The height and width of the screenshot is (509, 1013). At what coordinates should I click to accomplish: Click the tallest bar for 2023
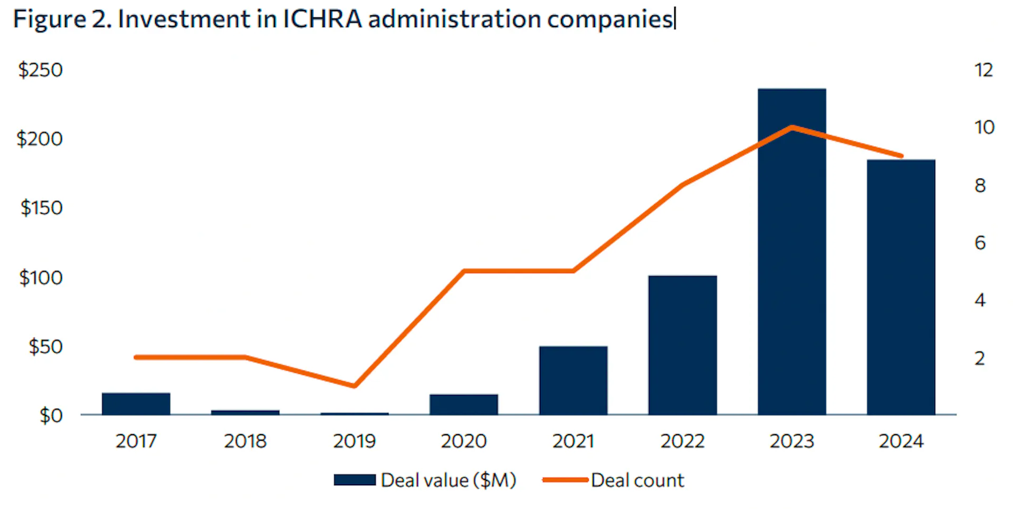click(791, 253)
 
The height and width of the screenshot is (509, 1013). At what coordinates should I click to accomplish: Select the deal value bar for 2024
click(901, 288)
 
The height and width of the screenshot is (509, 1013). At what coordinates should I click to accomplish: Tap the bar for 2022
click(682, 346)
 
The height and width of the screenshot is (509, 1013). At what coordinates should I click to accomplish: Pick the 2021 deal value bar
click(573, 381)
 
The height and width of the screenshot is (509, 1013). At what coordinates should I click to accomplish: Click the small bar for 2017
click(136, 404)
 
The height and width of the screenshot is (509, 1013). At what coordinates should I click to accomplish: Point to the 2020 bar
click(464, 404)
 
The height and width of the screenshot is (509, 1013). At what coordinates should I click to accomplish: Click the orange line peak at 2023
click(791, 127)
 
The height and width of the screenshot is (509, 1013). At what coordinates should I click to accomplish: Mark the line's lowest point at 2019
click(355, 385)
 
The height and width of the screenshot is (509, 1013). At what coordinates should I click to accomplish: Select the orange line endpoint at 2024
click(901, 156)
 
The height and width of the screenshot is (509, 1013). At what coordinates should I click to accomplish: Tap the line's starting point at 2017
click(136, 357)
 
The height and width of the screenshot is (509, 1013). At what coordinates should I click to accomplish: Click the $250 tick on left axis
click(40, 70)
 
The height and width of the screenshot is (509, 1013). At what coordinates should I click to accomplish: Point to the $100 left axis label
click(41, 278)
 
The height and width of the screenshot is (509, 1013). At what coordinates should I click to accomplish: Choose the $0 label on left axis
click(51, 416)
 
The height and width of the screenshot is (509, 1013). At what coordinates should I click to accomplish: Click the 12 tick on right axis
click(983, 70)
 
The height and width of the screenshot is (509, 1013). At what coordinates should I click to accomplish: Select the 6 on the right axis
click(980, 243)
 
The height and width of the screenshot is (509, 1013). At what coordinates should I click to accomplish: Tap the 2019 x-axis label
click(354, 441)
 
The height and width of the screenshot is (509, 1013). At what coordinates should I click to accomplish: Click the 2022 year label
click(682, 441)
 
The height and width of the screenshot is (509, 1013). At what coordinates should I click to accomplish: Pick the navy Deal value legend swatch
click(355, 480)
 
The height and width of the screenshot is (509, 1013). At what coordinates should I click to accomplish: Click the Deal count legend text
click(637, 480)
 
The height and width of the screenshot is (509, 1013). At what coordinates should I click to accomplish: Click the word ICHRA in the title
click(322, 20)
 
